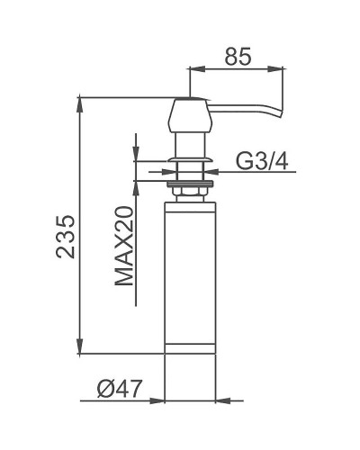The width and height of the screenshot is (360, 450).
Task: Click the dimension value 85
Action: pyautogui.click(x=237, y=56)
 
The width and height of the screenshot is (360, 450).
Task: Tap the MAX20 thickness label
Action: pyautogui.click(x=124, y=244)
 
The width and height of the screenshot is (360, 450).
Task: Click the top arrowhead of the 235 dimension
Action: pyautogui.click(x=80, y=100)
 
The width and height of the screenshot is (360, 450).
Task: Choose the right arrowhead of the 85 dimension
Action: pyautogui.click(x=280, y=67)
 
